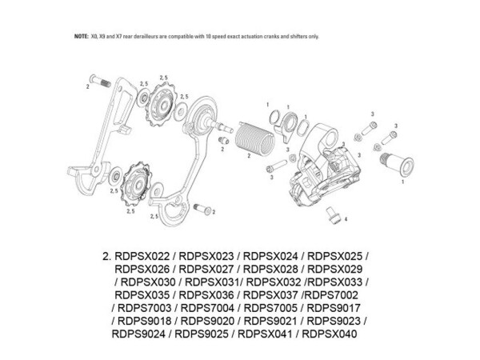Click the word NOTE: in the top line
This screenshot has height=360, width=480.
pos(81,37)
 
